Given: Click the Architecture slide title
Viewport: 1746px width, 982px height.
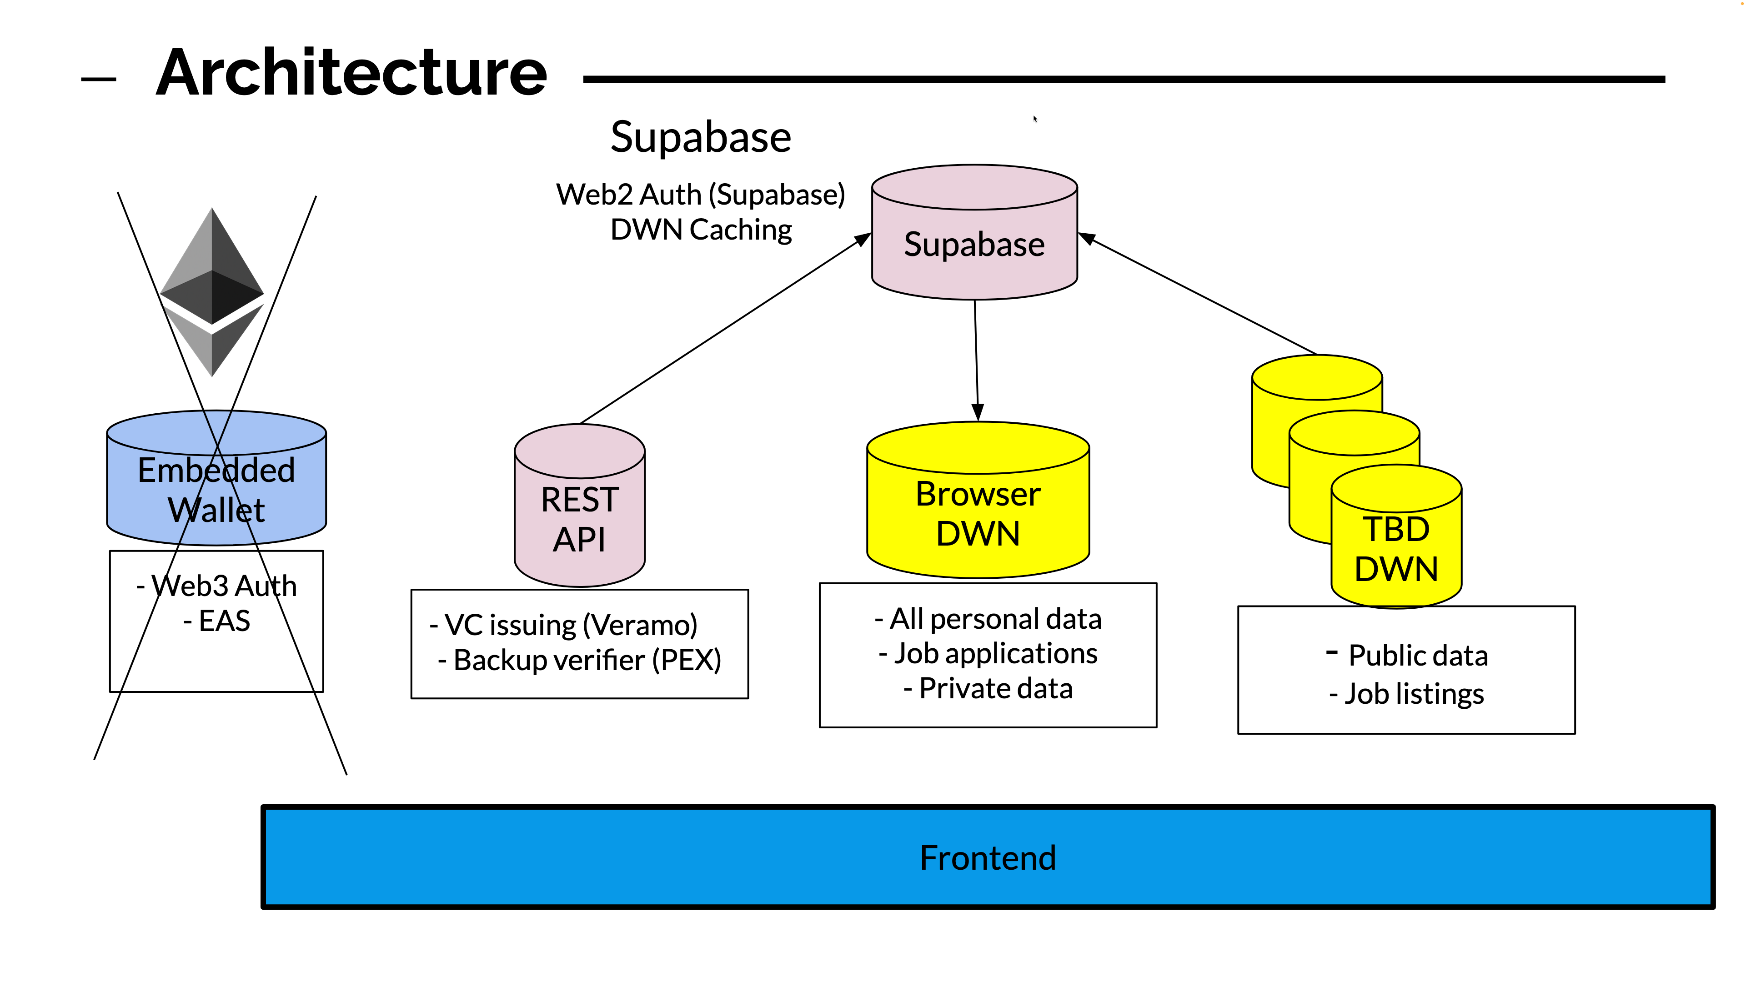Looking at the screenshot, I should coord(351,73).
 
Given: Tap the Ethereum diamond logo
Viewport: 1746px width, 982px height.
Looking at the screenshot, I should coord(212,291).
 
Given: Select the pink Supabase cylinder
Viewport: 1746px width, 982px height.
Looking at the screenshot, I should coord(974,244).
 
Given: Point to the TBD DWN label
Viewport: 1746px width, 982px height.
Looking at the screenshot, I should coord(1396,548).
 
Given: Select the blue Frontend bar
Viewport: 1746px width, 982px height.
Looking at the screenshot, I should coord(988,857).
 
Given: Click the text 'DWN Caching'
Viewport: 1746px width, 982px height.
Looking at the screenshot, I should coord(701,230).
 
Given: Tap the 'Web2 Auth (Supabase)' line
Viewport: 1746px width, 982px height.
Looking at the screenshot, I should coord(701,195).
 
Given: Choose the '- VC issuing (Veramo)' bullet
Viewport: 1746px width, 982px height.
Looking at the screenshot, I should coord(564,625).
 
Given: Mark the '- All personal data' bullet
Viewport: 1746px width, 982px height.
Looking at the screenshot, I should coord(988,619).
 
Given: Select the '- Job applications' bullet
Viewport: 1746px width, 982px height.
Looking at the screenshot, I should coord(988,653).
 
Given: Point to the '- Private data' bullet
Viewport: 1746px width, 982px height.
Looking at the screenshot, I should coord(988,689).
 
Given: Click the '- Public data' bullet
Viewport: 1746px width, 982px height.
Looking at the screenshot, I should coord(1407,655).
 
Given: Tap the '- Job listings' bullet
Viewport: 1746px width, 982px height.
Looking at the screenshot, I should coord(1407,694).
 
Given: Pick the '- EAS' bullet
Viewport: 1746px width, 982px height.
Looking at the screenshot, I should coord(217,621).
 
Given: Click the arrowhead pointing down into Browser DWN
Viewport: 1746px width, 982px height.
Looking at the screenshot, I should coord(978,411).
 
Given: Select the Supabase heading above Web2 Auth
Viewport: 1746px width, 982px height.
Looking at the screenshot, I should coord(701,137).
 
